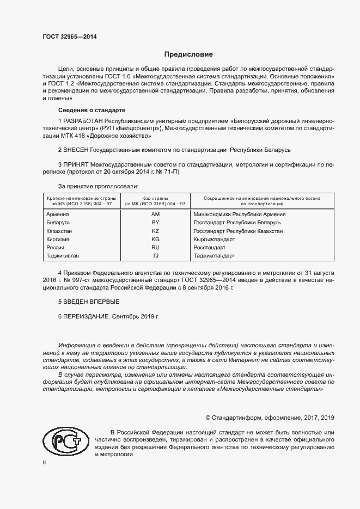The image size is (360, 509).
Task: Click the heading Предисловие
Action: pos(189,54)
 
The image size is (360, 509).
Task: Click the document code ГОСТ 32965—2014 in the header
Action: pos(70,37)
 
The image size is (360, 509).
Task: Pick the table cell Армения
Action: pos(58,214)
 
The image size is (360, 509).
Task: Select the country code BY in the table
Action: pos(155,223)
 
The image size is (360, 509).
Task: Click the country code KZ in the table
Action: pos(155,231)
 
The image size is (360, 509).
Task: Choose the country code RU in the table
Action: pos(155,248)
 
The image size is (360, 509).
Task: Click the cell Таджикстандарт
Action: pos(215,256)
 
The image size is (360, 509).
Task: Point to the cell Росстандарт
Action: pos(210,248)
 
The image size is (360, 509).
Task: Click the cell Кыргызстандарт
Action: pos(214,240)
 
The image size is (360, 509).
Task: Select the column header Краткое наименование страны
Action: pos(80,198)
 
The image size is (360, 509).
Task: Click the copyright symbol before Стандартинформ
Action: pos(208,418)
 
